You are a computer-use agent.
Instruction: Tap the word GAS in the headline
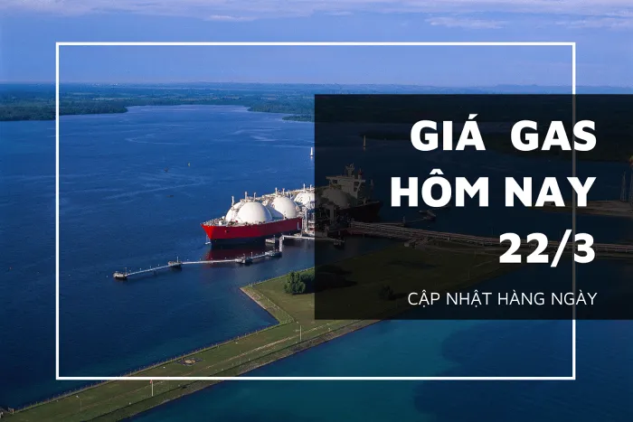click(x=553, y=137)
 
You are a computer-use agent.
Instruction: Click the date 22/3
click(x=546, y=248)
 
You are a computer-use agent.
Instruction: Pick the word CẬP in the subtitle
click(x=425, y=298)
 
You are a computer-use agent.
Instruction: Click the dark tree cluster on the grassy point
click(x=296, y=282)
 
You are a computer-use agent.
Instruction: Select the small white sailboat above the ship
click(x=311, y=153)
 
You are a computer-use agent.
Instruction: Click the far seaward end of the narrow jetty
click(x=120, y=275)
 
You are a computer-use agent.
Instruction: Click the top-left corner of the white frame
click(x=58, y=44)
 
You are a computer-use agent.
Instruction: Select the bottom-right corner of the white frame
click(x=573, y=377)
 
